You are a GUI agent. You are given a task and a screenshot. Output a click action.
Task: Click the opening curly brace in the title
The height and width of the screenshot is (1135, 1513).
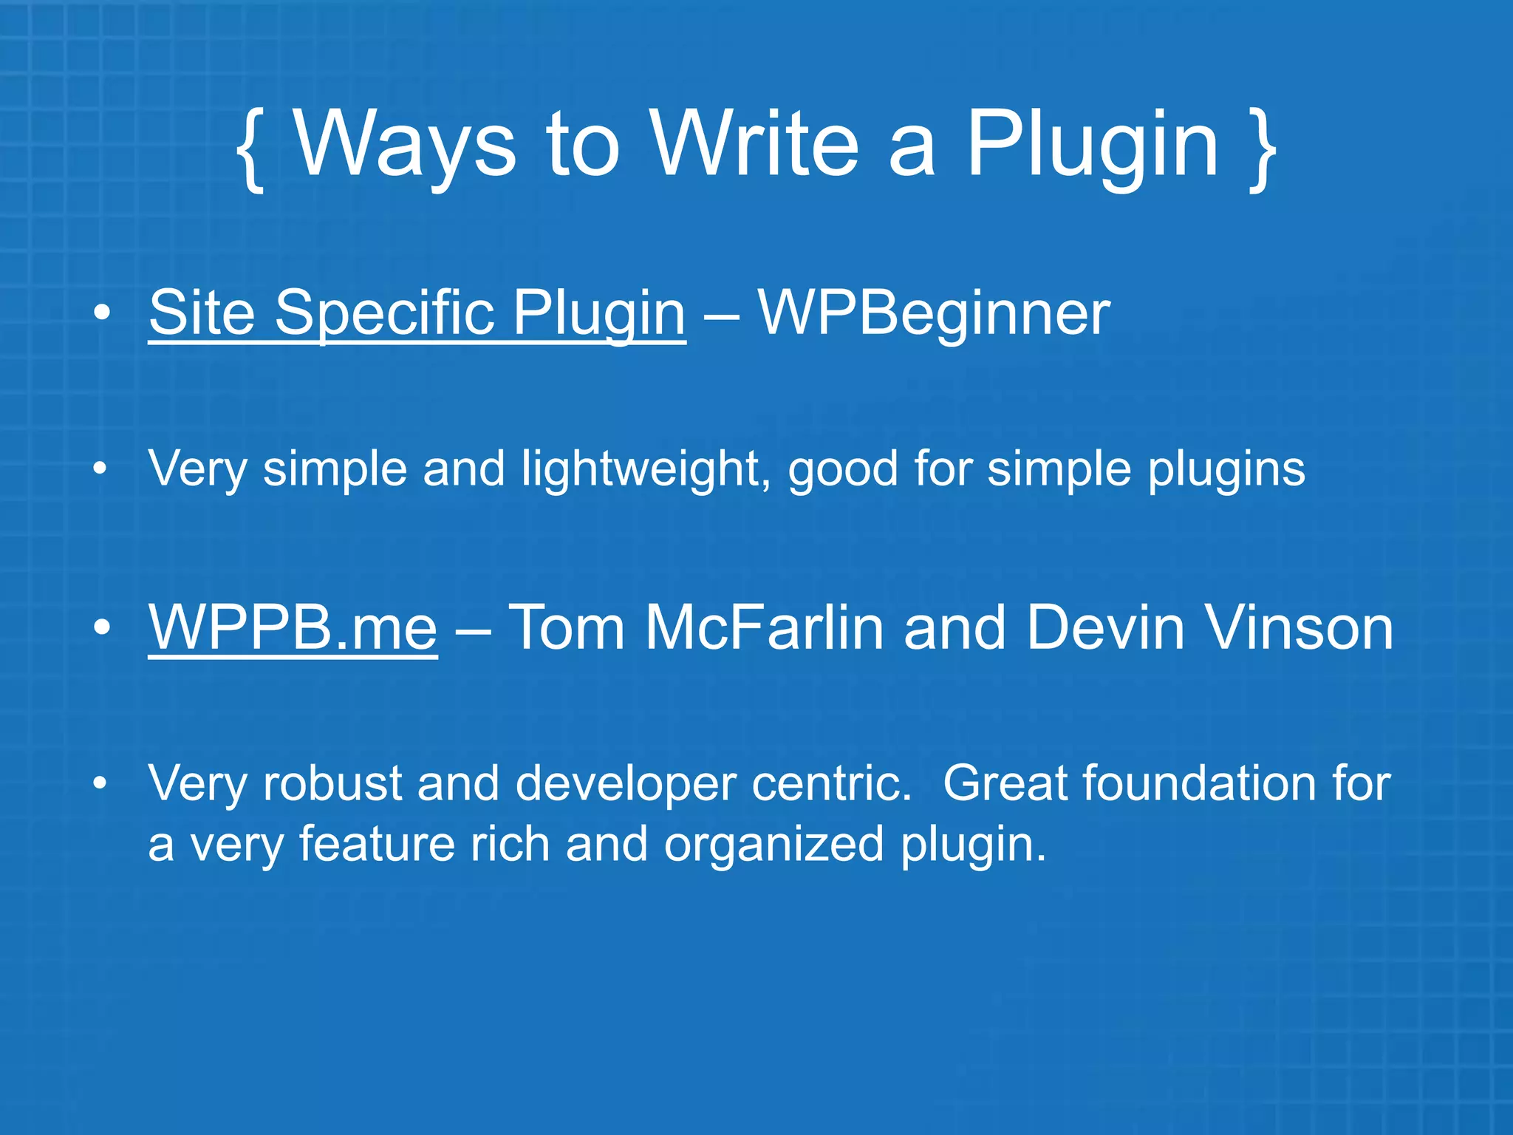pyautogui.click(x=251, y=148)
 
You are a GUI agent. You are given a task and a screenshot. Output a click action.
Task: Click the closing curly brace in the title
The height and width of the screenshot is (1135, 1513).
pyautogui.click(x=1262, y=148)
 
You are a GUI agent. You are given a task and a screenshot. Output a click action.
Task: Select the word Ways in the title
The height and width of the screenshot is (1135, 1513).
pyautogui.click(x=405, y=144)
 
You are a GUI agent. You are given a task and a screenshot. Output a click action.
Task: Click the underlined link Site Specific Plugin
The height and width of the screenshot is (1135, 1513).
pyautogui.click(x=417, y=313)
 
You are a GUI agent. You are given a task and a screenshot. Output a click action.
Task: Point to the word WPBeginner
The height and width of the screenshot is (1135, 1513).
pyautogui.click(x=934, y=313)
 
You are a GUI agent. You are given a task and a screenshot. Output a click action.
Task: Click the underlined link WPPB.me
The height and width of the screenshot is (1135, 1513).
pyautogui.click(x=293, y=627)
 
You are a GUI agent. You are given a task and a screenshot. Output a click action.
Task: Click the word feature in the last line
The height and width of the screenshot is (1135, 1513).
pyautogui.click(x=377, y=844)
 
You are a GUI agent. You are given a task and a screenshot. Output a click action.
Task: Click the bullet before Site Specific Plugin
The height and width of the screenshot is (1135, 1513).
pyautogui.click(x=102, y=313)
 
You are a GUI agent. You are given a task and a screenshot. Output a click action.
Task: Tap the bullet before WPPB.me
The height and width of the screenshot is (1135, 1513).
pyautogui.click(x=102, y=627)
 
